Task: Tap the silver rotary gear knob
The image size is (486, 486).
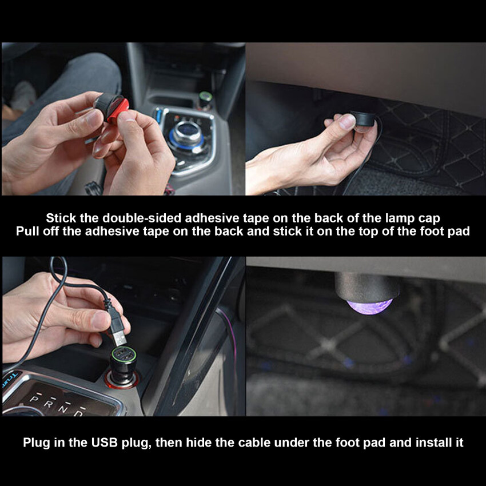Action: click(x=188, y=133)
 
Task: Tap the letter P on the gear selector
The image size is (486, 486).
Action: click(x=34, y=399)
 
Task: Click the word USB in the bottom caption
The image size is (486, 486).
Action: click(x=105, y=443)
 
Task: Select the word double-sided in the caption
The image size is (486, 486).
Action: click(x=142, y=218)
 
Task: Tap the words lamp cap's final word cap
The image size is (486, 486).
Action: click(x=429, y=219)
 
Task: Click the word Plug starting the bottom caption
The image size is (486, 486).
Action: click(x=36, y=443)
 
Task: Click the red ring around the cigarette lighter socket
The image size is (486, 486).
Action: click(x=121, y=381)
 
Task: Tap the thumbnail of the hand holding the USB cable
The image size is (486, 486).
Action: click(x=124, y=336)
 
